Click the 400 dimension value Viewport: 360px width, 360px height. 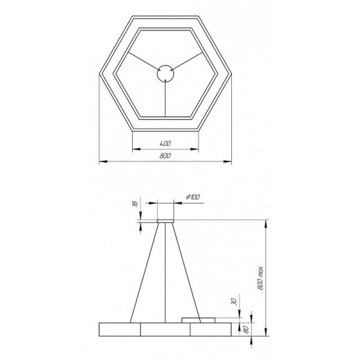[165, 143]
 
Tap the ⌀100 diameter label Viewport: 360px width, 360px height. [193, 199]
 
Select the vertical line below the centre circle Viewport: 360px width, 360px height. [165, 97]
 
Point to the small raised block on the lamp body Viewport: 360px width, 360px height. [199, 319]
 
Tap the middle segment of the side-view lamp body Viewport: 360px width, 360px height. [165, 329]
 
